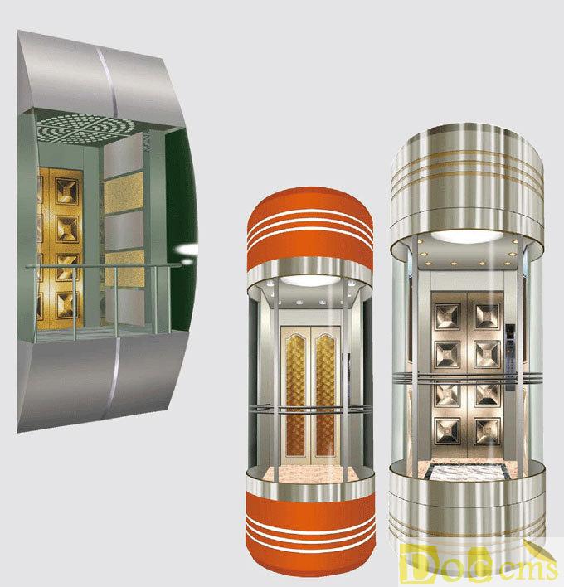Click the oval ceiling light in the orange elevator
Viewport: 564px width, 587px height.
[x=310, y=280]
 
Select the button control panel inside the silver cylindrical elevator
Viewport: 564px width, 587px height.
[x=510, y=357]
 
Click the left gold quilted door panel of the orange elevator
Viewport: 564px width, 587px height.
[x=295, y=395]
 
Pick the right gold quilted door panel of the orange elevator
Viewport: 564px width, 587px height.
[x=325, y=395]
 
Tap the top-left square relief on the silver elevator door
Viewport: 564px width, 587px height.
[x=447, y=317]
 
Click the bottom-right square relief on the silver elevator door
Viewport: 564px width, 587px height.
[x=487, y=431]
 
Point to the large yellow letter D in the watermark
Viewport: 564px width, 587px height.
[x=413, y=564]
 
